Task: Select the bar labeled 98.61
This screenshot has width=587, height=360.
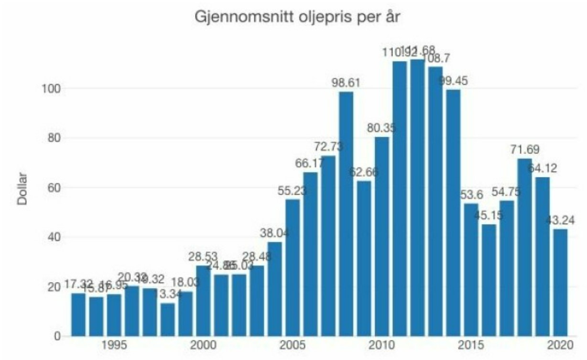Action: coord(346,213)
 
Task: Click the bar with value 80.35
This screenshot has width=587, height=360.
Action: coord(382,236)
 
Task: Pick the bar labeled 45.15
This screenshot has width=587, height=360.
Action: coord(489,280)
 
